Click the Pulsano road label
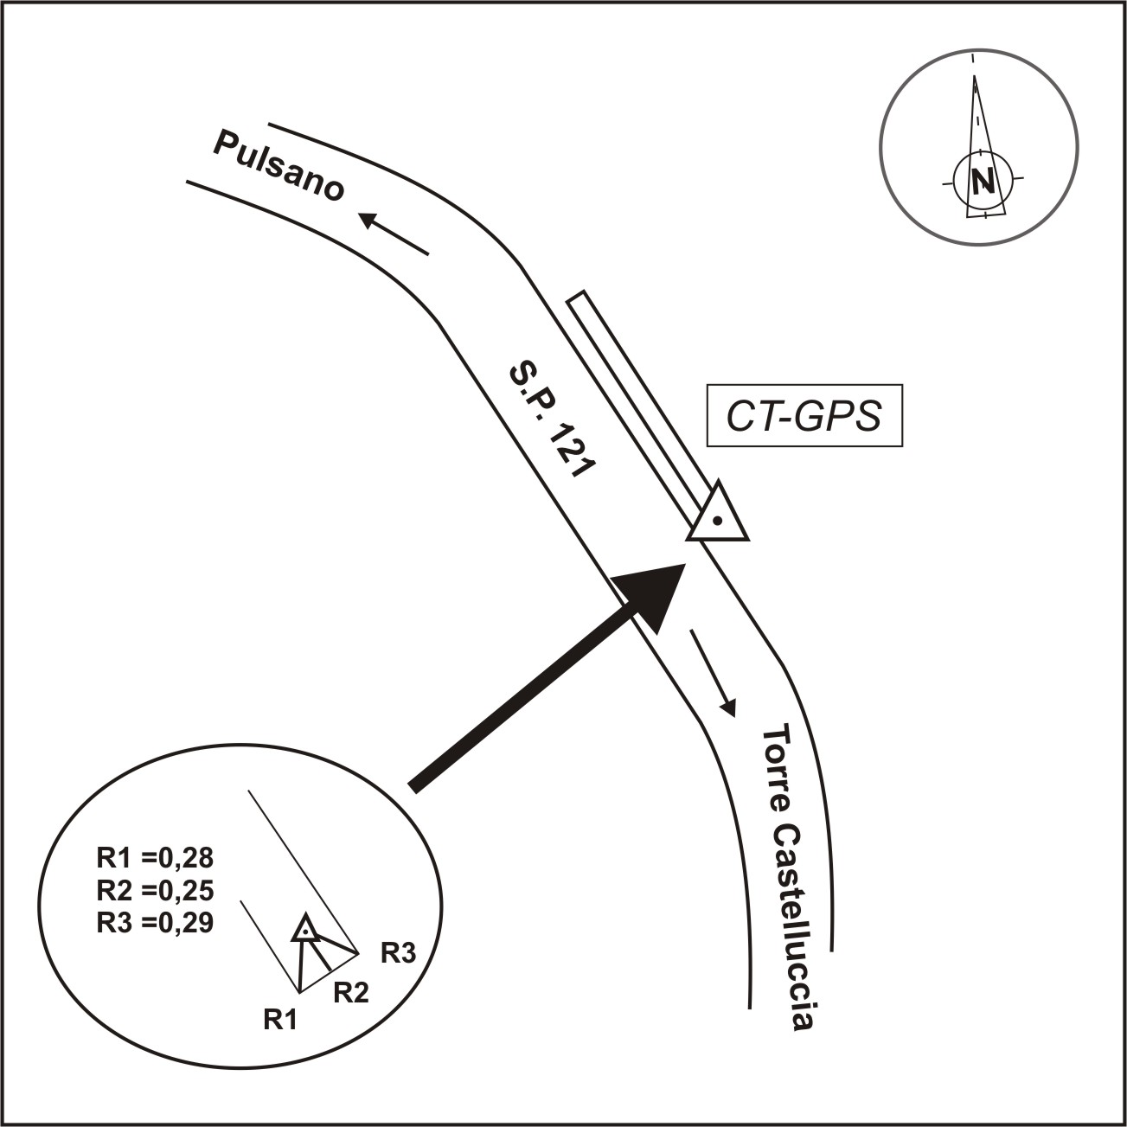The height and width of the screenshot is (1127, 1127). click(x=279, y=166)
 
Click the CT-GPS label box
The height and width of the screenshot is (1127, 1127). click(x=804, y=416)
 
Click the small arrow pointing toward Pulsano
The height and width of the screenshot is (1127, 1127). click(x=394, y=234)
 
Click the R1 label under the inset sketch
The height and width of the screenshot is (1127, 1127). click(x=280, y=1020)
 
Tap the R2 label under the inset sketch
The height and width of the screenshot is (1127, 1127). click(x=351, y=993)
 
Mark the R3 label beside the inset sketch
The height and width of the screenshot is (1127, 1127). click(x=399, y=954)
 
